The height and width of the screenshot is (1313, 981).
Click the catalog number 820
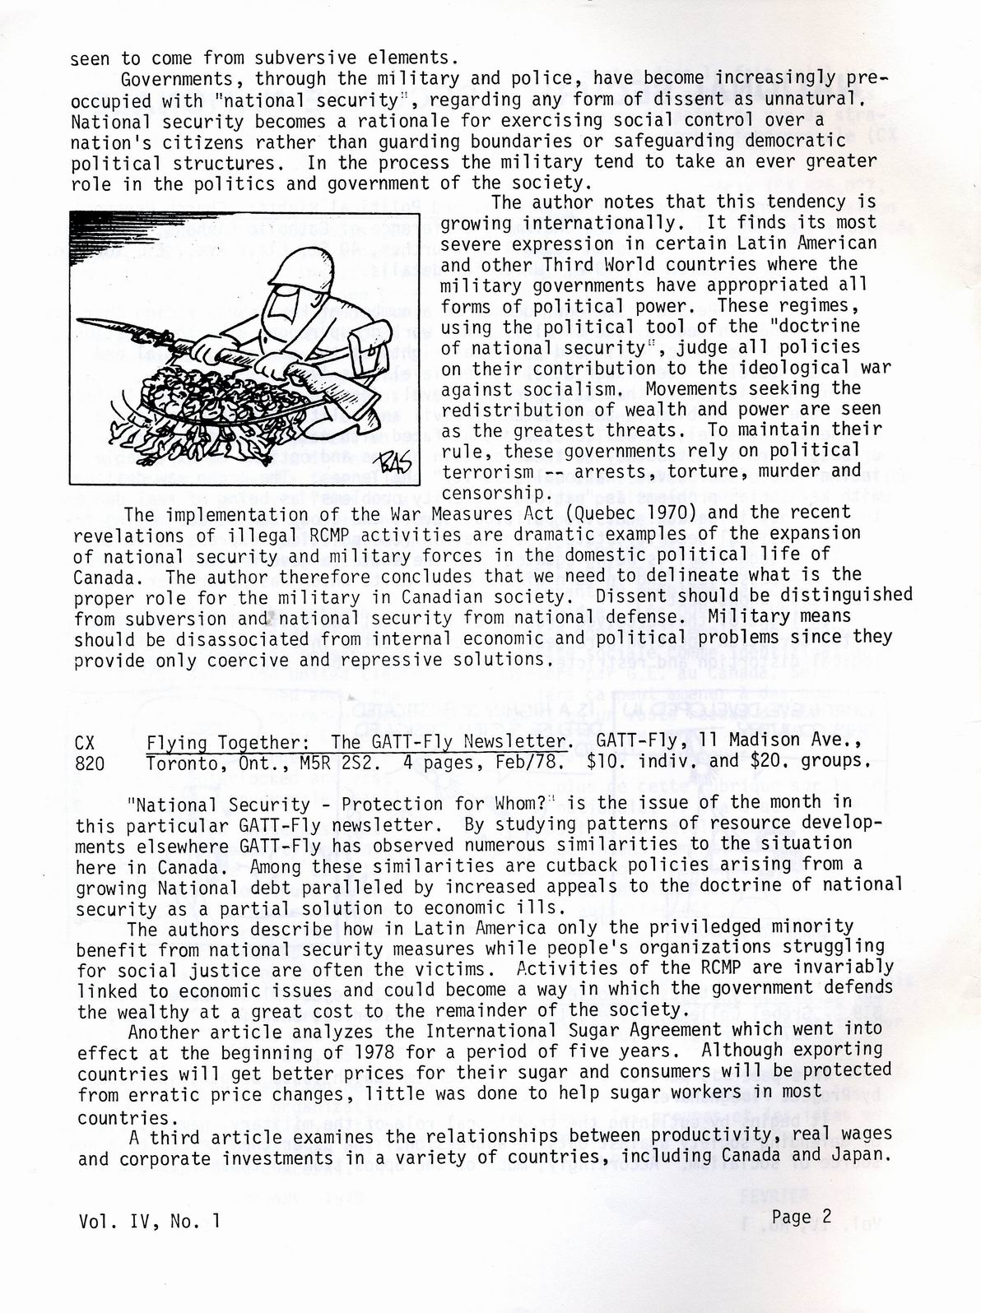coord(90,763)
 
